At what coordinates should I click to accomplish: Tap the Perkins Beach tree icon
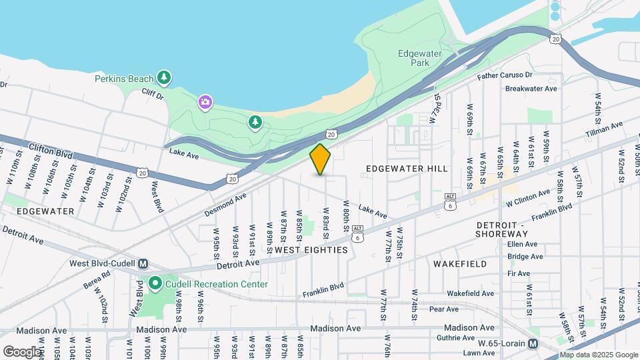click(x=164, y=78)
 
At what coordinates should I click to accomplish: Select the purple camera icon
click(x=205, y=102)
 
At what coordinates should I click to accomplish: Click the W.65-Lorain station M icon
click(x=533, y=344)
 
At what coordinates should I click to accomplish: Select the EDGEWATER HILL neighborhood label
click(x=407, y=169)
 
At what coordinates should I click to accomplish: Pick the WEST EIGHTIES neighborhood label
click(x=311, y=250)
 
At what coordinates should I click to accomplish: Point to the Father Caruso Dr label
click(x=505, y=76)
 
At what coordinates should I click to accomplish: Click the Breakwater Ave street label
click(x=531, y=89)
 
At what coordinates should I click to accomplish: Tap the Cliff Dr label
click(x=153, y=96)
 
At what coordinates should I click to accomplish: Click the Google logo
click(x=22, y=351)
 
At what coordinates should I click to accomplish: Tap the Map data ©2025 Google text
click(x=598, y=355)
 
